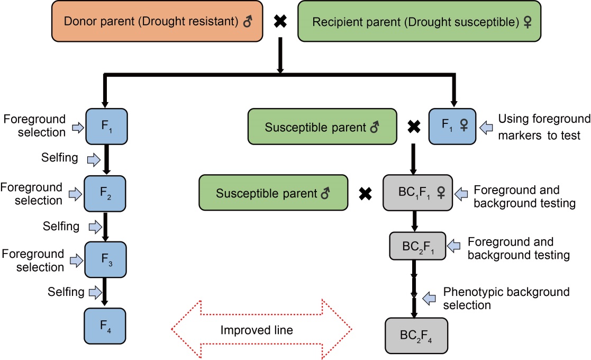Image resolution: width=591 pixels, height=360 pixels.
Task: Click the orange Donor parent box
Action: click(157, 21)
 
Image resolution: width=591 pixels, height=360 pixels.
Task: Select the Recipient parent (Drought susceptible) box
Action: click(419, 21)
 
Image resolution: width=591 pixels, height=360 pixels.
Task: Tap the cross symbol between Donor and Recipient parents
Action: click(280, 21)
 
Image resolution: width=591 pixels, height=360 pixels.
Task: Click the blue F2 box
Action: click(105, 193)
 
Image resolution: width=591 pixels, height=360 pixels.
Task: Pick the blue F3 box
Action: click(105, 260)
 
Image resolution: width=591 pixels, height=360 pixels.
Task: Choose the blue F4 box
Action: click(105, 326)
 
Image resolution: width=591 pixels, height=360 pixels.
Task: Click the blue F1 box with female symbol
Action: click(452, 127)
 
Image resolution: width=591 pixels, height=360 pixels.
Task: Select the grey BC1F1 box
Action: click(417, 193)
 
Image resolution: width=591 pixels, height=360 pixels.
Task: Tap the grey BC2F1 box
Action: click(417, 246)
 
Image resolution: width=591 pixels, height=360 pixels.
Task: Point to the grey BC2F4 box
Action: click(416, 336)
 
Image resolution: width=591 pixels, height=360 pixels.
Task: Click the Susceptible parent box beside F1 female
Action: click(322, 127)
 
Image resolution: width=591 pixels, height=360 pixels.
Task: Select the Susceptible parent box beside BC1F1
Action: click(273, 193)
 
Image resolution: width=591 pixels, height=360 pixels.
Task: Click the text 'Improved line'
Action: click(257, 330)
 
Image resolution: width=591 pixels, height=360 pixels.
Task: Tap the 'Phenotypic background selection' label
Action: click(506, 298)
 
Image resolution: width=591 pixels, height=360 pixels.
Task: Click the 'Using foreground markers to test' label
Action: click(544, 127)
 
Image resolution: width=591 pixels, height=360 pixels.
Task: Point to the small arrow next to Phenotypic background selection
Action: click(429, 299)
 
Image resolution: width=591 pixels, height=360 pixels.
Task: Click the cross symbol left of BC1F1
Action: click(365, 194)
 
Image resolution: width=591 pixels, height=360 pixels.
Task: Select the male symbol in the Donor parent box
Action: click(248, 21)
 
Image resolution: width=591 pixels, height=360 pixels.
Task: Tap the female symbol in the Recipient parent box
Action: click(528, 22)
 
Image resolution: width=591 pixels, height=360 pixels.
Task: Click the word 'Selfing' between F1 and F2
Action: click(60, 158)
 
